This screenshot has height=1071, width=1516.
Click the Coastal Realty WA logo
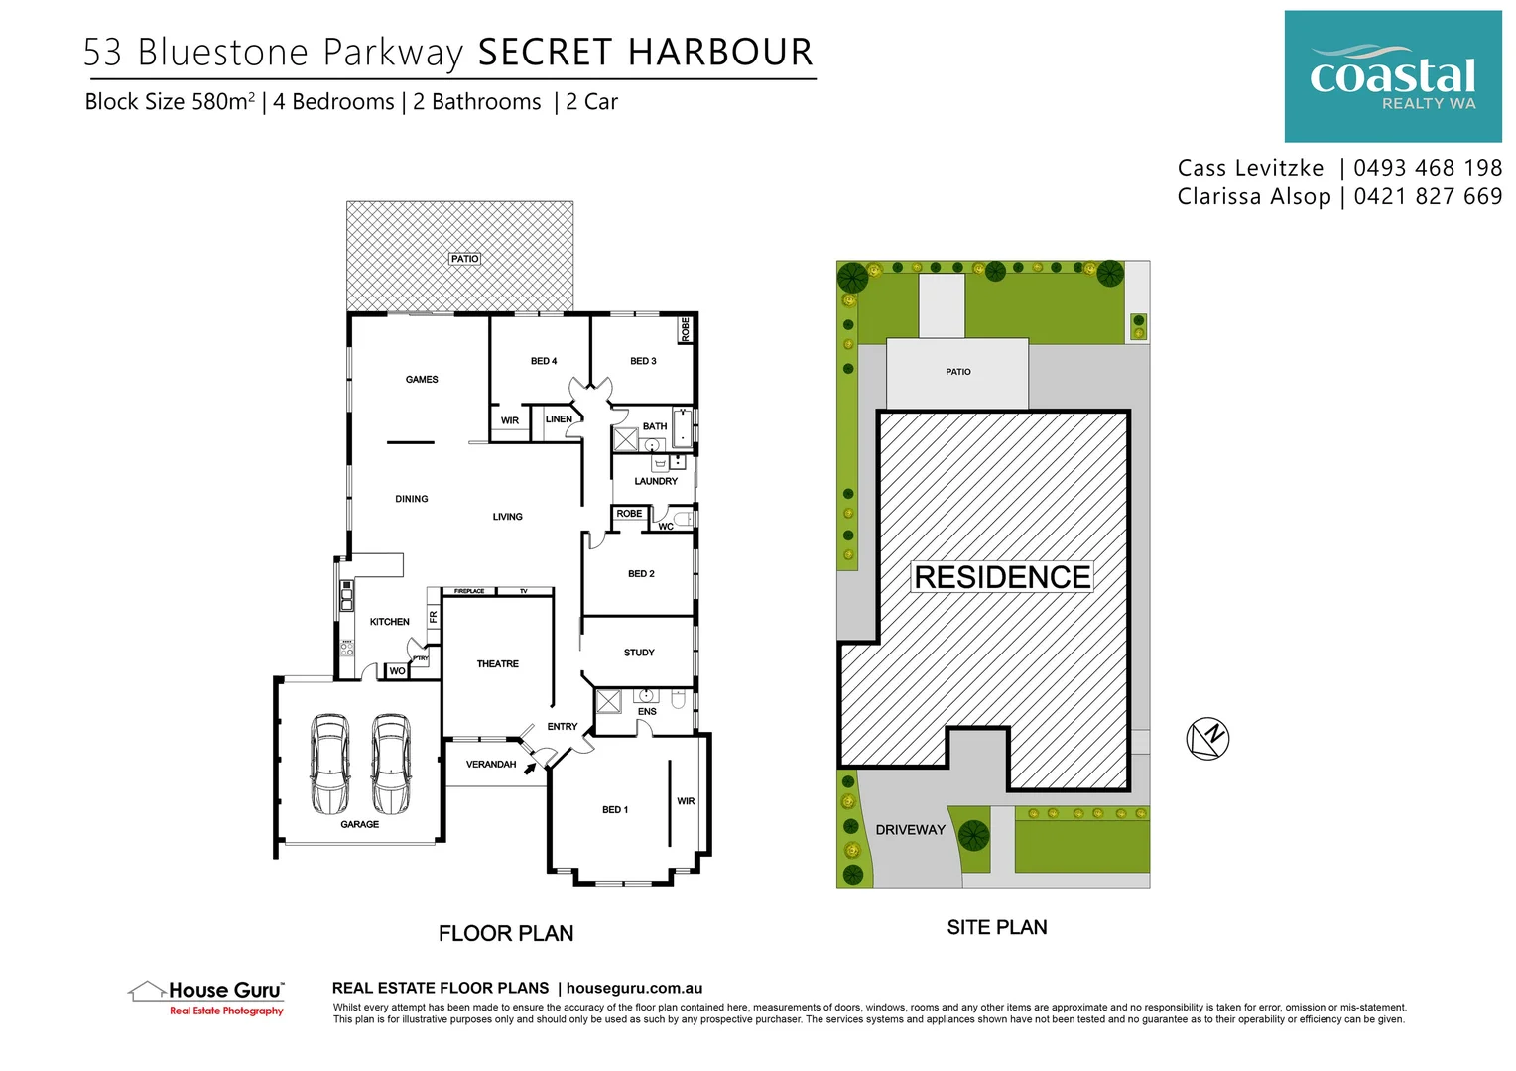[x=1392, y=76]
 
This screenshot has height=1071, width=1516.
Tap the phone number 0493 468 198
[x=1427, y=168]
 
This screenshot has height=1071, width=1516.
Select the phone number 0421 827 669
[x=1427, y=196]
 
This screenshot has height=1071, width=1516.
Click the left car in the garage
[x=329, y=763]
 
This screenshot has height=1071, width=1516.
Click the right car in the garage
[x=391, y=763]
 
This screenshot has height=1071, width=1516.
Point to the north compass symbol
[x=1207, y=738]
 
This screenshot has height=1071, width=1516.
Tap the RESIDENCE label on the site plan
[x=1002, y=577]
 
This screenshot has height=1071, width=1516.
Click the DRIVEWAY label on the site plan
[x=910, y=830]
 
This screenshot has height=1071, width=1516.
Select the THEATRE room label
[x=497, y=664]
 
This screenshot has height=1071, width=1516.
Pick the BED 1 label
[x=615, y=810]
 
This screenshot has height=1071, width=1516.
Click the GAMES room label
[x=422, y=380]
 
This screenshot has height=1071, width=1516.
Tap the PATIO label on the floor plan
[x=464, y=259]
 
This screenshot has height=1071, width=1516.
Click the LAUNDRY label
[x=656, y=481]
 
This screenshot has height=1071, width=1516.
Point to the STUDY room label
[x=639, y=653]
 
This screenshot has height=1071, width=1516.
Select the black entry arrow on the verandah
[x=531, y=766]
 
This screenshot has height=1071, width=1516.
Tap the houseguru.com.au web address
[x=634, y=988]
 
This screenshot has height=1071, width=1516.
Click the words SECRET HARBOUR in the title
[x=645, y=53]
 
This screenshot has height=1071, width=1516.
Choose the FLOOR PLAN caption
[x=506, y=933]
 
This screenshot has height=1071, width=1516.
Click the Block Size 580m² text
[x=170, y=102]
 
